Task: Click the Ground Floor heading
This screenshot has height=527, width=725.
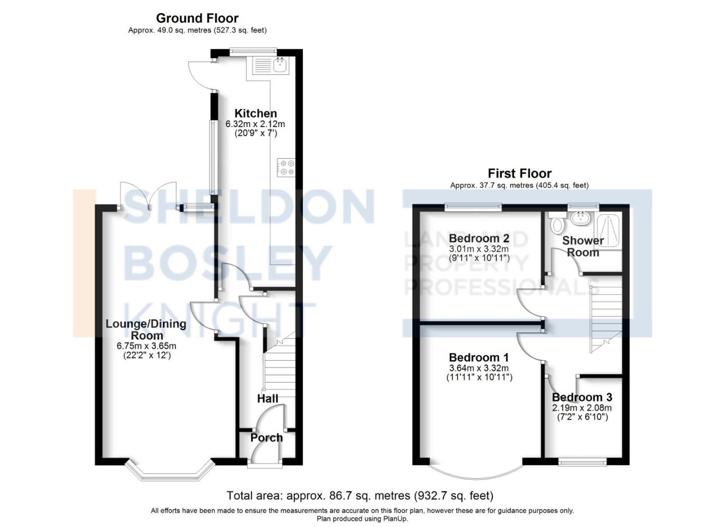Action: (197, 18)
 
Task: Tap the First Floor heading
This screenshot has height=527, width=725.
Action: (519, 173)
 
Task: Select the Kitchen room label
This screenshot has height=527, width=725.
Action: (256, 113)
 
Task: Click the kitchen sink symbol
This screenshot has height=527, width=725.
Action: (280, 66)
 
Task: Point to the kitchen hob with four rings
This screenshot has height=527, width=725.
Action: (286, 168)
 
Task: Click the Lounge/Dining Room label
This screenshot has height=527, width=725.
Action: (146, 329)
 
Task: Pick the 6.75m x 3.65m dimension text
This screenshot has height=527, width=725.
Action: (146, 346)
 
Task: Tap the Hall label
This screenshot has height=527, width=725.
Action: (268, 399)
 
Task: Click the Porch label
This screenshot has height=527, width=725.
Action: (266, 438)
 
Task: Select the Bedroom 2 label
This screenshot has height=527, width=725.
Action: (479, 238)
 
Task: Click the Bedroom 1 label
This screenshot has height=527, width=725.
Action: (479, 357)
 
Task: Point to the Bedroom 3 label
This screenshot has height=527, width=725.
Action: (582, 397)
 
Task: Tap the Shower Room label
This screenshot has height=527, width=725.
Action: (583, 246)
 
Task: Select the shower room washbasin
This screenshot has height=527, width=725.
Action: (580, 218)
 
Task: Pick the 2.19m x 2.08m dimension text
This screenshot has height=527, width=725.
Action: (582, 408)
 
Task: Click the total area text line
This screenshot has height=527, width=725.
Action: (360, 495)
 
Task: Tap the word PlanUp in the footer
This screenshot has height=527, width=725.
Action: (397, 519)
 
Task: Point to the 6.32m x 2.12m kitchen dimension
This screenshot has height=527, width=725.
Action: (255, 124)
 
